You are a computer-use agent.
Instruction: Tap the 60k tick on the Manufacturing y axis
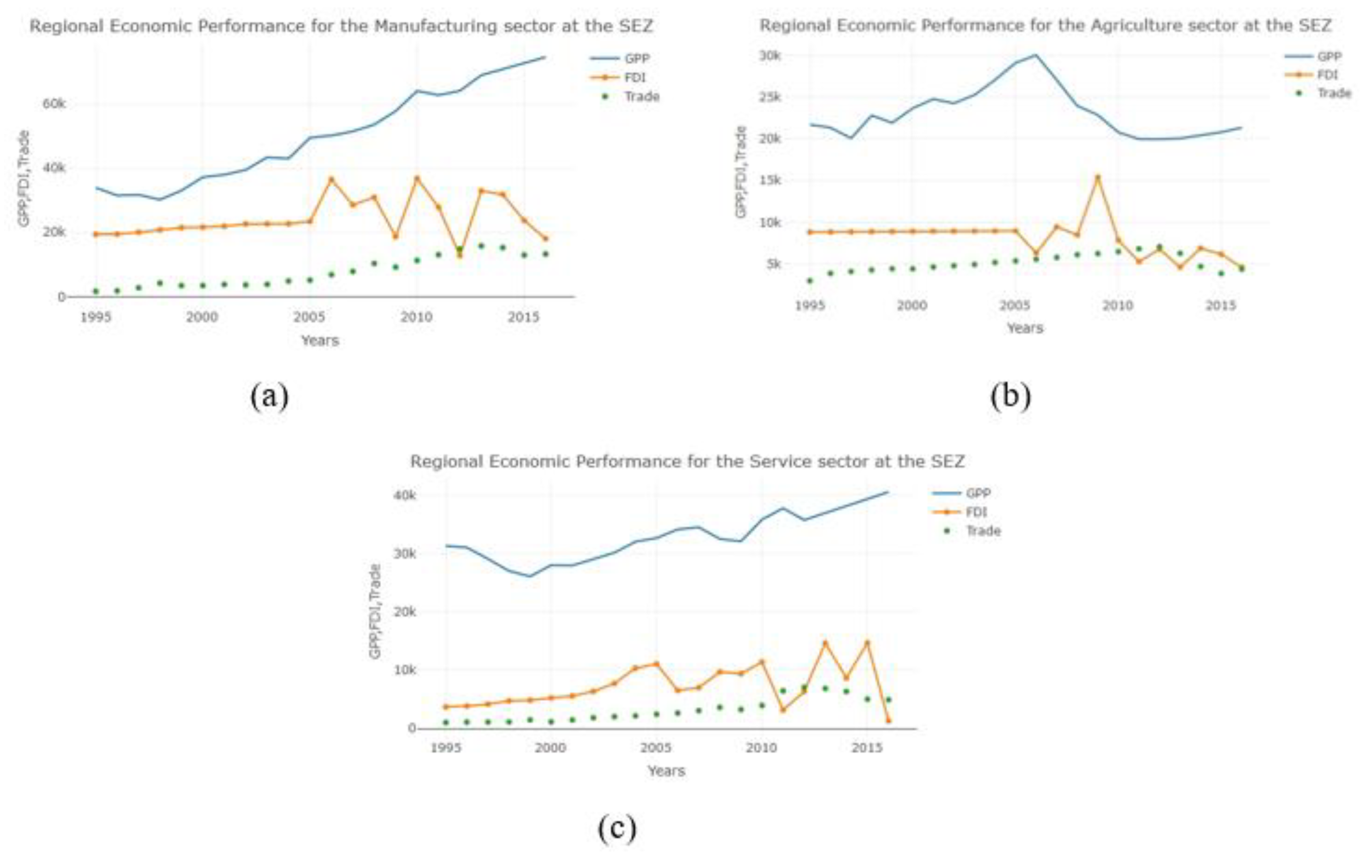click(54, 104)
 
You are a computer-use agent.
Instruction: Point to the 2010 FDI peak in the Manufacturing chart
click(417, 178)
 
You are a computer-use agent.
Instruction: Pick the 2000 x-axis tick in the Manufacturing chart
click(202, 317)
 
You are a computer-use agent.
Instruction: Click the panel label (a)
click(270, 396)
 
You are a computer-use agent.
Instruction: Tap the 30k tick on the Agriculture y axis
click(770, 55)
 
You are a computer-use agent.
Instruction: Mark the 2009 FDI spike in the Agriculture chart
click(1098, 177)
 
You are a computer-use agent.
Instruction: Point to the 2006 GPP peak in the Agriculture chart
click(1036, 55)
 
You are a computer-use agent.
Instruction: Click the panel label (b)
click(1010, 396)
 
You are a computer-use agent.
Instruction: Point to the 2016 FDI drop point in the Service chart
click(888, 720)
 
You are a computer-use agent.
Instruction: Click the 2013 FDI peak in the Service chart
click(825, 642)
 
